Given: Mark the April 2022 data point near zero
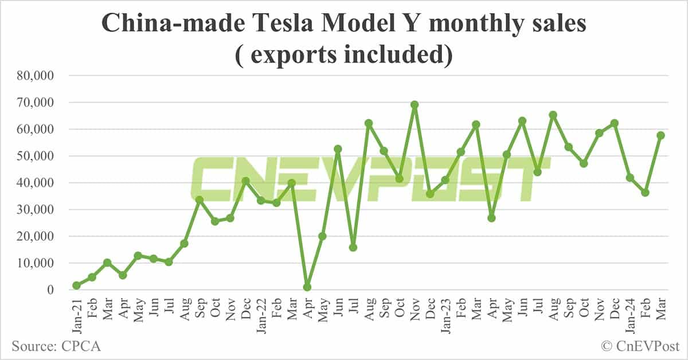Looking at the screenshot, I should pos(307,287).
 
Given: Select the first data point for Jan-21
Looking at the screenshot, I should pos(76,285).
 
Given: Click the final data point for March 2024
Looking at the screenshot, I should pos(660,135).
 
